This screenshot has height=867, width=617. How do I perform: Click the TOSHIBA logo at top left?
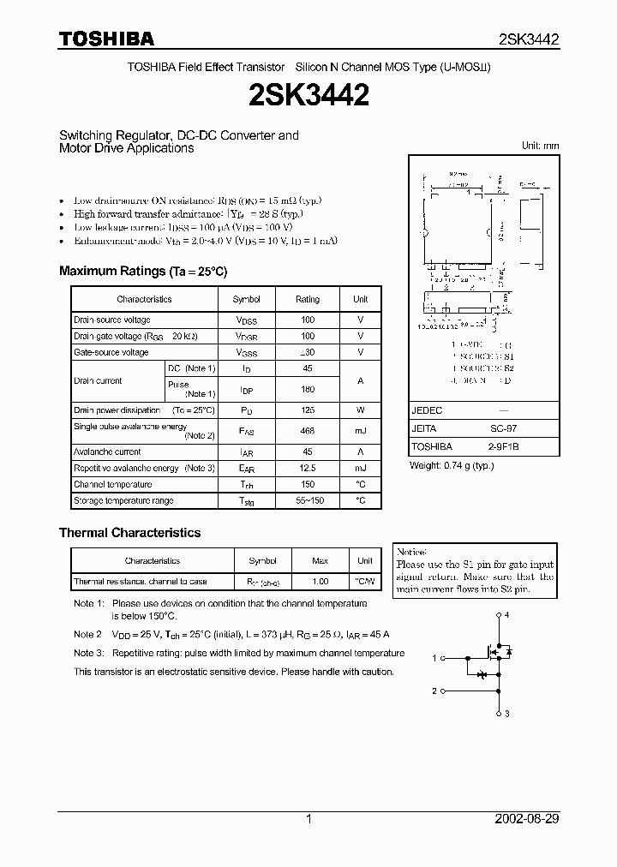(106, 39)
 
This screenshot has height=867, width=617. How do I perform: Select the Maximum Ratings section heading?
(143, 271)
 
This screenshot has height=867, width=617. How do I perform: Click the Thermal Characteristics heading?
(129, 532)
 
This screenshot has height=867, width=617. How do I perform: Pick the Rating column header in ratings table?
(307, 299)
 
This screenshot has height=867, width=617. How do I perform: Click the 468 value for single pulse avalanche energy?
(307, 431)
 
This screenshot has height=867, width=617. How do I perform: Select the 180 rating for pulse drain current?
(307, 389)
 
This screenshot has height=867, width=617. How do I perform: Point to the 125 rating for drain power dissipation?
(307, 410)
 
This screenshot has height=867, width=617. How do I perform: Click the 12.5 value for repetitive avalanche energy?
(307, 468)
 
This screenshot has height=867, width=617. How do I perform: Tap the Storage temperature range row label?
(123, 500)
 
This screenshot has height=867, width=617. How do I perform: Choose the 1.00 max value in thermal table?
(320, 582)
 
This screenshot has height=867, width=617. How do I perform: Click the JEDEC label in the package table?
(426, 410)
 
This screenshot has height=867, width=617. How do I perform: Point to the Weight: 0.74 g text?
(452, 465)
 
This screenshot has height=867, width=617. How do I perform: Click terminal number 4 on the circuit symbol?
(507, 615)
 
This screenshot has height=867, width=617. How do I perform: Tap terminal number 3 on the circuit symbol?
(507, 714)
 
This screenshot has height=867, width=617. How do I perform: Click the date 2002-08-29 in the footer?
(527, 819)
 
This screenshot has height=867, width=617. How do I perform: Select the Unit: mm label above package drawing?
(540, 146)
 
